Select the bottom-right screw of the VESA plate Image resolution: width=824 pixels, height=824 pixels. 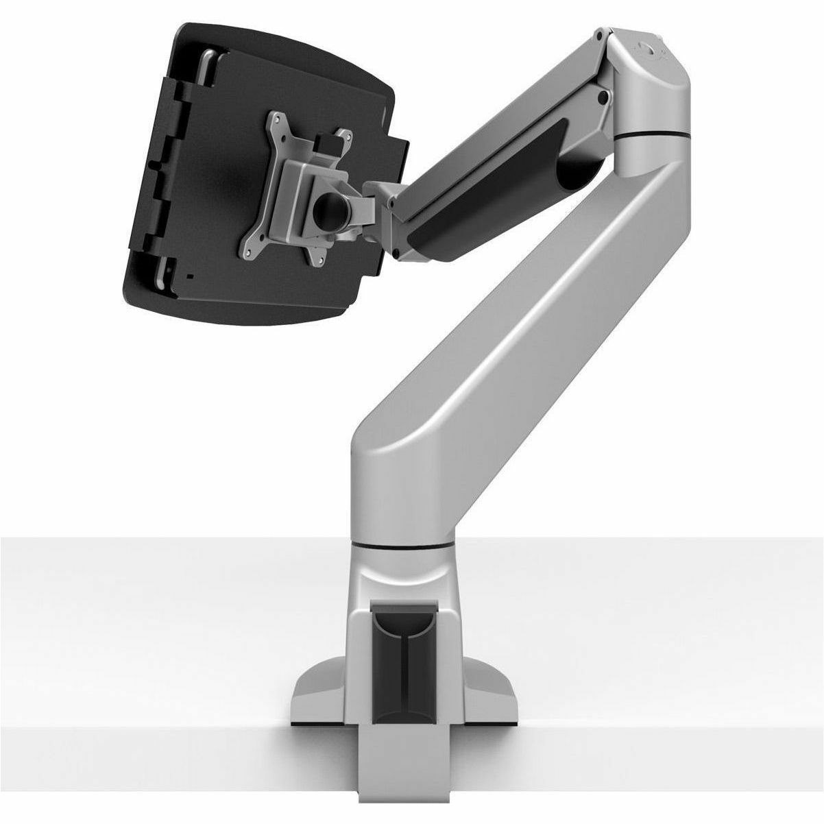(317, 258)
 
